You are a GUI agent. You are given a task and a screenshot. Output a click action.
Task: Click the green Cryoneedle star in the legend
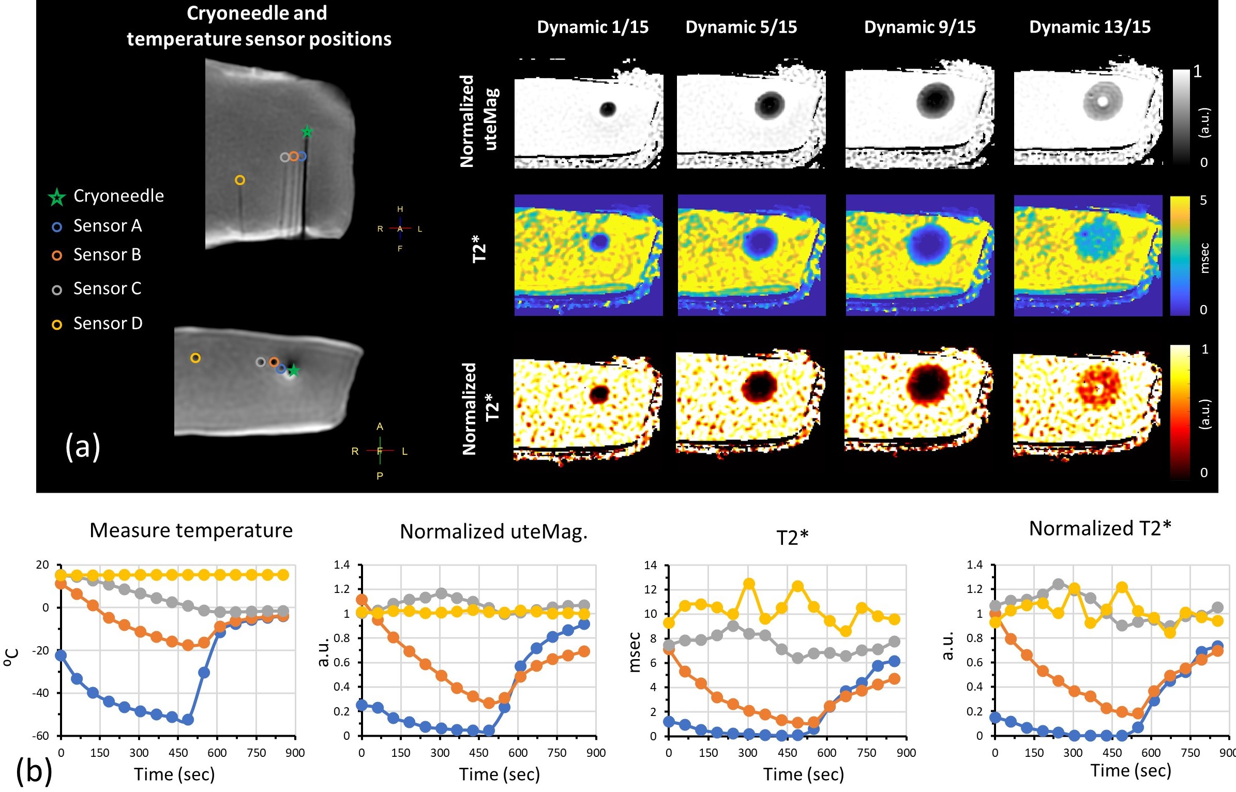coord(56,197)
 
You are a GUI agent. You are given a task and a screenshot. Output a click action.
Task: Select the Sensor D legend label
coord(108,324)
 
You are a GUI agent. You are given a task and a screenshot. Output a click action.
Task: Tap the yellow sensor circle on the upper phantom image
coord(240,180)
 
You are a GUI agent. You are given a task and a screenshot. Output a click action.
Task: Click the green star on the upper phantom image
coord(307,131)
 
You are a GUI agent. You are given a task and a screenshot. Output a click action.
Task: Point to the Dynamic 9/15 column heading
coord(920,27)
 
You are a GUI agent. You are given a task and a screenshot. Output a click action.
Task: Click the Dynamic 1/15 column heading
coord(593,27)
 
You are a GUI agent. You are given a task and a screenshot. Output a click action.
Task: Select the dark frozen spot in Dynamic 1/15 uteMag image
coord(608,109)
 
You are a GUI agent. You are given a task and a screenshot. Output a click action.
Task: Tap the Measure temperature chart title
coord(191,530)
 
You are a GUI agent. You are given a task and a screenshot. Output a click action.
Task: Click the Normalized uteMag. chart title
coord(493,531)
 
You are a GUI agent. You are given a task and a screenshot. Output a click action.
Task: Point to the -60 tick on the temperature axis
coord(42,736)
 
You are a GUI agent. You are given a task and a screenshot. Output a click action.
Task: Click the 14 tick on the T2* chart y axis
coord(650,565)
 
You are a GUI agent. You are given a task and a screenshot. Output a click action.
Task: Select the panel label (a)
coord(83,447)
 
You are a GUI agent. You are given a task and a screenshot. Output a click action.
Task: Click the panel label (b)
coord(34,770)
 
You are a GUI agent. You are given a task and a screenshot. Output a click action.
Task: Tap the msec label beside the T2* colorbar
coord(1205,257)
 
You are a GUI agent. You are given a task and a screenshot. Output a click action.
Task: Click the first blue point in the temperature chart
coord(61,655)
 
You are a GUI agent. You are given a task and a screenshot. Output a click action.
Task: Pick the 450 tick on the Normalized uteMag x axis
coord(478,753)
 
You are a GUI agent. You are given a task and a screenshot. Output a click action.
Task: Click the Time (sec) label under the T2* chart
coord(803,774)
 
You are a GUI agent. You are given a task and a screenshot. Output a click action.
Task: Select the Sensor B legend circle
coord(57,255)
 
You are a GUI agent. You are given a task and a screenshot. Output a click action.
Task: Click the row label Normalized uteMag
coord(479,120)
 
